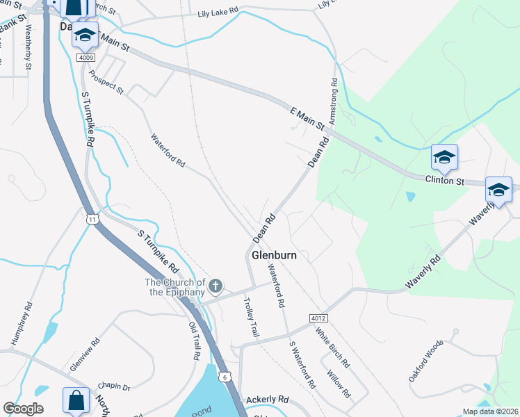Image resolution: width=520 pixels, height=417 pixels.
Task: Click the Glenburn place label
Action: coord(274,255)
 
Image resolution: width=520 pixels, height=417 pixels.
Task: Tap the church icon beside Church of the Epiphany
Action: coord(216,285)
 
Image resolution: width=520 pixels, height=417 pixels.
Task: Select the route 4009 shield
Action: coord(86,58)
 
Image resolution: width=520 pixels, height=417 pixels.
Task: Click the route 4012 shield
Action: coord(318,318)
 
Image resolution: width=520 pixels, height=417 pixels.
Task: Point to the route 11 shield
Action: coord(92,219)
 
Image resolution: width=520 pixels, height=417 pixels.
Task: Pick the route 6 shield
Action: coord(226,376)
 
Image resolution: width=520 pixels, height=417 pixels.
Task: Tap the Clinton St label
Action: coord(444,181)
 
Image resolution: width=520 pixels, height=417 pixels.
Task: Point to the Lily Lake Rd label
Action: coord(218,13)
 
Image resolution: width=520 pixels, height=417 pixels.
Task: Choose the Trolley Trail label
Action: coord(250,318)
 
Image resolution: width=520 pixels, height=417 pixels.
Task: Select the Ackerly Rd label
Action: coord(267,400)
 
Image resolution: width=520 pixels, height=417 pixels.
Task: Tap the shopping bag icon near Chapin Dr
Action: coord(75,400)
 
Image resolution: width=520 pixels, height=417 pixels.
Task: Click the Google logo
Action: coord(23,409)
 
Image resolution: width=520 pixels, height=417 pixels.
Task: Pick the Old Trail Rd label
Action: coord(194,341)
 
